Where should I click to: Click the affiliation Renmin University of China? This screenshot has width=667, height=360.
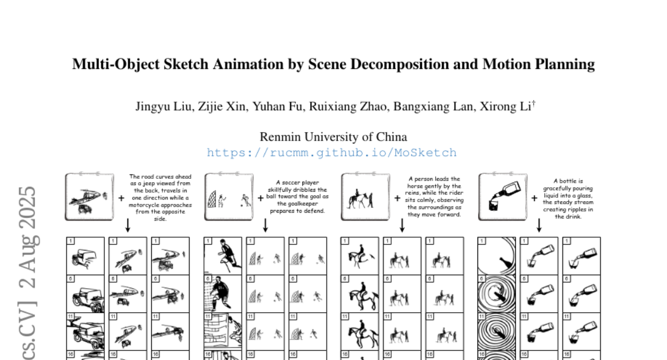(333, 137)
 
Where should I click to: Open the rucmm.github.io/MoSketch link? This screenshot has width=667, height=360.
(332, 153)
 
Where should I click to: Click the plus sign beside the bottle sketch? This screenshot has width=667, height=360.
(534, 198)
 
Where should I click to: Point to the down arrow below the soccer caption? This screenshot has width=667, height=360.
(266, 224)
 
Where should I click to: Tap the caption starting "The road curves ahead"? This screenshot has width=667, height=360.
(160, 198)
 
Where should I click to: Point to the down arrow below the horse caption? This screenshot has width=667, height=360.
(402, 224)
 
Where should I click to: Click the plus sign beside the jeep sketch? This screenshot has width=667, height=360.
(121, 198)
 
